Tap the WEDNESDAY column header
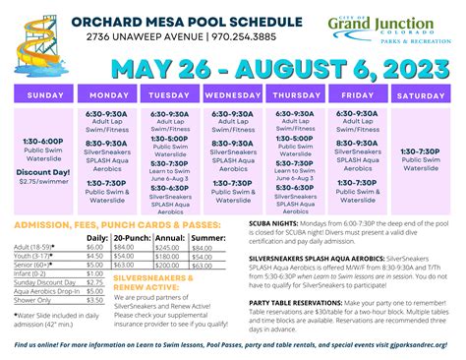click(232, 95)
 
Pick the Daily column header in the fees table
click(97, 238)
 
